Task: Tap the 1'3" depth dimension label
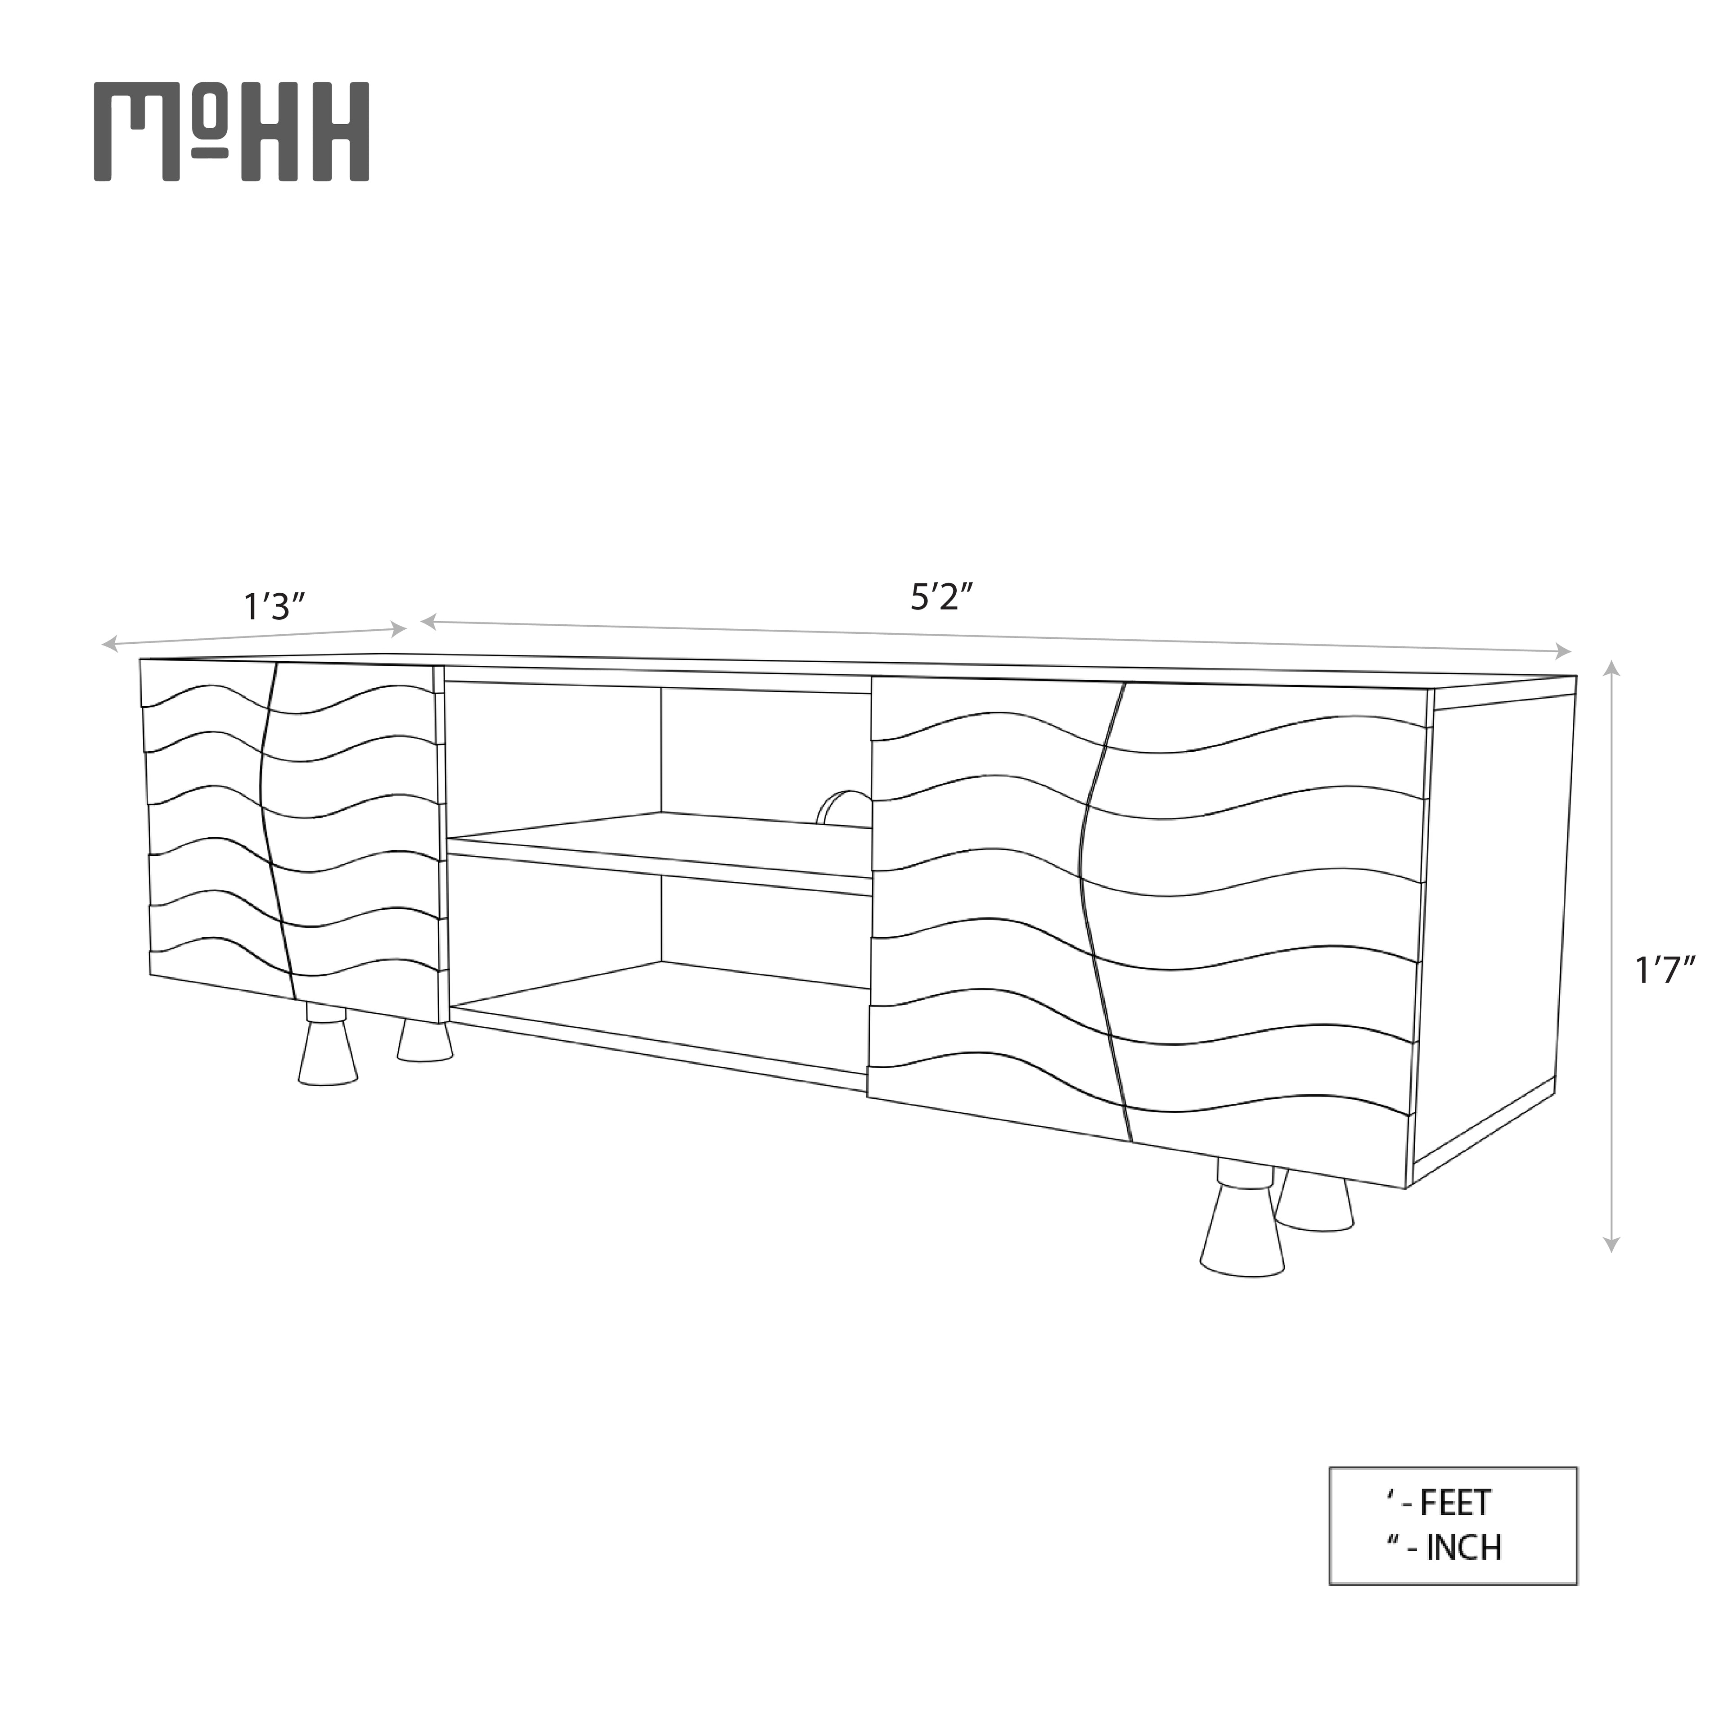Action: (275, 607)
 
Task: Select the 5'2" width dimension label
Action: (940, 597)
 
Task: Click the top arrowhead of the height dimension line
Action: (1611, 668)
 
